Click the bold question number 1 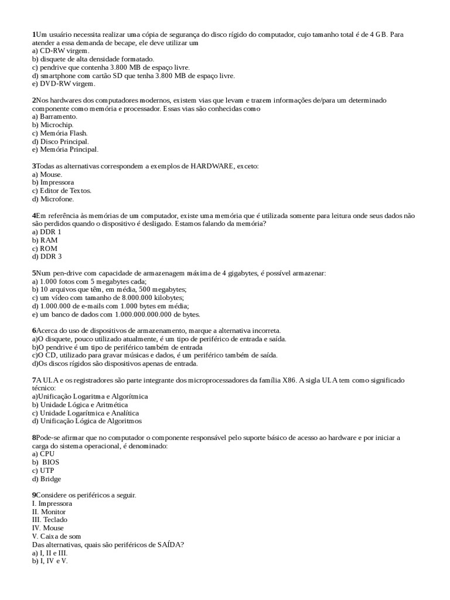tap(34, 35)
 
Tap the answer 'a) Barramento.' tap(54, 117)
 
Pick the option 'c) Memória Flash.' tap(60, 133)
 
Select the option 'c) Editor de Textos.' tap(62, 190)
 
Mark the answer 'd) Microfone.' tap(53, 199)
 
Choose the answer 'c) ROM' tap(45, 248)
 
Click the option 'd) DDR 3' tap(47, 257)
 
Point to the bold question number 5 tap(34, 273)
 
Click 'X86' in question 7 tap(289, 380)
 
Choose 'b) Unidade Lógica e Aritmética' tap(80, 405)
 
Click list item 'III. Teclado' tap(50, 520)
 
